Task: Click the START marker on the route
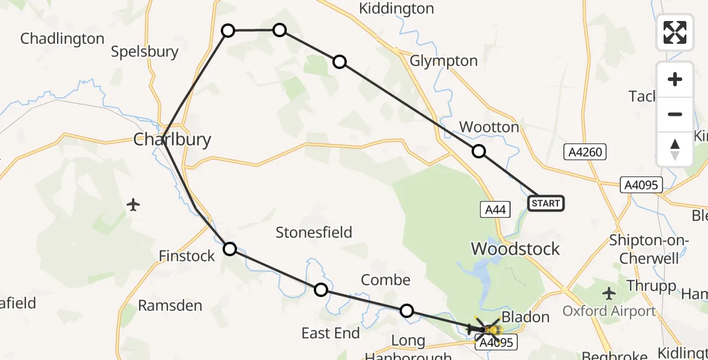click(545, 203)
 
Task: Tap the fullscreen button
click(675, 32)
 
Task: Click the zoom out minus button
click(675, 114)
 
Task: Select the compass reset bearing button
click(675, 149)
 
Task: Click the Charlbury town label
click(172, 140)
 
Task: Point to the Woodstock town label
click(515, 248)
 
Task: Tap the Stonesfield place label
click(314, 232)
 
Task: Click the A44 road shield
click(496, 209)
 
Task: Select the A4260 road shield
click(586, 152)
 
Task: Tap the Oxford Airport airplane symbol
click(610, 293)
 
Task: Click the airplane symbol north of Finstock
click(133, 205)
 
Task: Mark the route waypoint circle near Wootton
click(478, 151)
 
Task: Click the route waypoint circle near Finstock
click(230, 248)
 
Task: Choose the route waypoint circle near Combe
click(407, 310)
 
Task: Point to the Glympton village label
click(443, 61)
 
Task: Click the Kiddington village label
click(396, 8)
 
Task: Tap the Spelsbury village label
click(145, 52)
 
